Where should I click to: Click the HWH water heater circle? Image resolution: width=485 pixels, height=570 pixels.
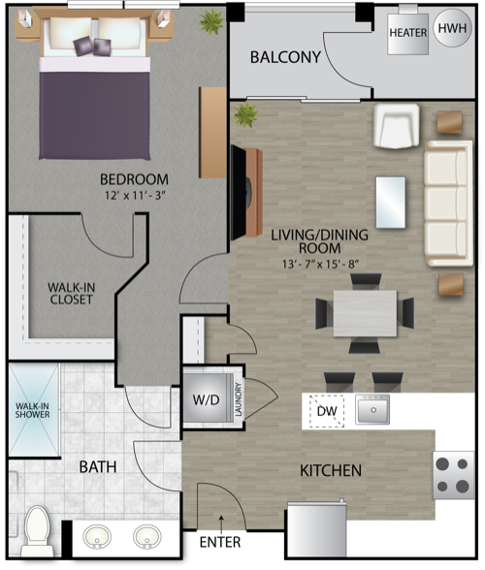tap(453, 28)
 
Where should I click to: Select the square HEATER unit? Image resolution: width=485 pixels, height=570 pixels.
tap(407, 34)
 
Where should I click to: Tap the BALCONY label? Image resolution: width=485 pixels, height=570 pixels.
tap(285, 57)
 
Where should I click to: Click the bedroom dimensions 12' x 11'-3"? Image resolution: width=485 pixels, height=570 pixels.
tap(135, 196)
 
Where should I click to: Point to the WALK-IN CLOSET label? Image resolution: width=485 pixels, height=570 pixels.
tap(72, 294)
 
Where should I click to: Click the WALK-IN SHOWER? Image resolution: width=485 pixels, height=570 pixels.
tap(34, 410)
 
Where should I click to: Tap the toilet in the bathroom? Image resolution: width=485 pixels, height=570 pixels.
tap(37, 531)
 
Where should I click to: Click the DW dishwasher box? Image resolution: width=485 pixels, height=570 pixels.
tap(326, 411)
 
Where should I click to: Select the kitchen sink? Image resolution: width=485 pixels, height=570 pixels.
tap(372, 409)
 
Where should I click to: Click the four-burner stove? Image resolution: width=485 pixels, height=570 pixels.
tap(453, 475)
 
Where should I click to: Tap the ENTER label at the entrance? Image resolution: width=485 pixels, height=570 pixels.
tap(220, 542)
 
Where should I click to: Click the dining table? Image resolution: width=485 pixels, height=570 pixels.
tap(365, 313)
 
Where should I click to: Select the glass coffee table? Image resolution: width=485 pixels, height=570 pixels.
tap(390, 203)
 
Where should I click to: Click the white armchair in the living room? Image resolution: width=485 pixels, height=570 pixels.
tap(397, 126)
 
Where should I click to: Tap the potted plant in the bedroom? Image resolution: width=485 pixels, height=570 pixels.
tap(211, 21)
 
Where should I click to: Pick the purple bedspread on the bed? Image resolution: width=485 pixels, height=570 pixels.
tap(95, 115)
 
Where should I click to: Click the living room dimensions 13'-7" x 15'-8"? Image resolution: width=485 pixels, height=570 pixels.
tap(320, 264)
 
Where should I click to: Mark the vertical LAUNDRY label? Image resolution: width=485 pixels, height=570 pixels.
tap(239, 399)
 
